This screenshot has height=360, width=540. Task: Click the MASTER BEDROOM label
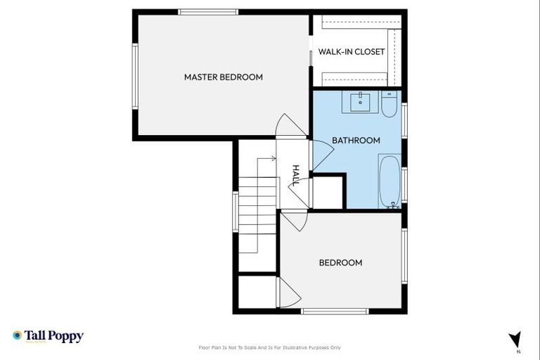pyautogui.click(x=223, y=77)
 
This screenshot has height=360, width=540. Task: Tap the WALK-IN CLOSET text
pyautogui.click(x=351, y=52)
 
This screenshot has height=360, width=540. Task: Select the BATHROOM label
pyautogui.click(x=356, y=140)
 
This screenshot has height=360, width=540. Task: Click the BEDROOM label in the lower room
pyautogui.click(x=340, y=262)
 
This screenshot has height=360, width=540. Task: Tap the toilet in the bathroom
pyautogui.click(x=390, y=105)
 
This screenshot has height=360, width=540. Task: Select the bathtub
pyautogui.click(x=390, y=181)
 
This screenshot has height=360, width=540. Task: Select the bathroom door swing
pyautogui.click(x=321, y=154)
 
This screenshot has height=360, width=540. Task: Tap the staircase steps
pyautogui.click(x=259, y=204)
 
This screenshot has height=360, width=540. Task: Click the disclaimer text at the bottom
pyautogui.click(x=270, y=347)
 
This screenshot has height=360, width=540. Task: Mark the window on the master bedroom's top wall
pyautogui.click(x=207, y=11)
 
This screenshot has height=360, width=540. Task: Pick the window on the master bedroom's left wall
pyautogui.click(x=134, y=76)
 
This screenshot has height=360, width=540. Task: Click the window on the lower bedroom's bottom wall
pyautogui.click(x=335, y=311)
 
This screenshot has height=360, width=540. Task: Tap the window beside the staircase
pyautogui.click(x=236, y=211)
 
